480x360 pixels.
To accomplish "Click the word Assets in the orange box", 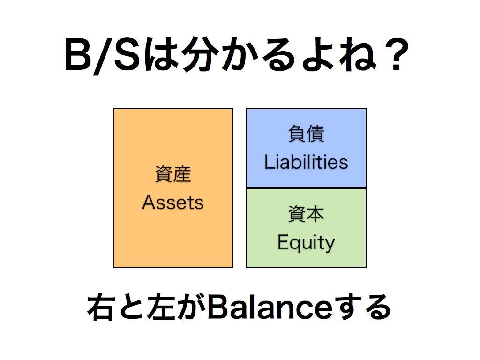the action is coord(173,202).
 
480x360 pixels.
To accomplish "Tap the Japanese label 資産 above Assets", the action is coord(173,175).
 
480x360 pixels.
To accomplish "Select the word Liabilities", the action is coord(306,162).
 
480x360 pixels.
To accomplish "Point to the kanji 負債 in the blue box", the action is coord(306,135).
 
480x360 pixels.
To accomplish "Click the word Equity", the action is coord(306,243).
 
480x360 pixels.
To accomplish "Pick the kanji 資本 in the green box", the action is coord(306,215).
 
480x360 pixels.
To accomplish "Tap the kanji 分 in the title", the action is coord(197,55).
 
